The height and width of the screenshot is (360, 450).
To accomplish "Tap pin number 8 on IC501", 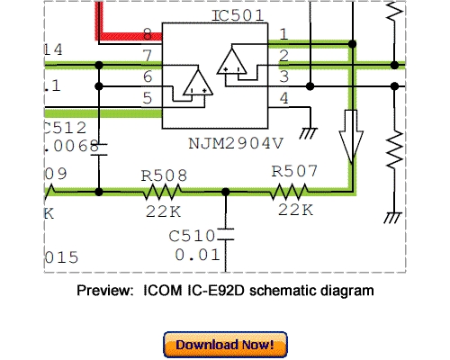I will click(x=148, y=35).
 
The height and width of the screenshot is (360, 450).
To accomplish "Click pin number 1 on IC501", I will click(x=283, y=35).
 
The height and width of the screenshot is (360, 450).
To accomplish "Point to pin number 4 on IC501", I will click(x=283, y=96).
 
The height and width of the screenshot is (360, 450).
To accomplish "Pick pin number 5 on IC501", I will click(x=148, y=98).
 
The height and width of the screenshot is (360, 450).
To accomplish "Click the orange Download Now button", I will click(x=225, y=345).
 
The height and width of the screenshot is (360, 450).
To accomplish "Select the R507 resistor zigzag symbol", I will click(x=293, y=191).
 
